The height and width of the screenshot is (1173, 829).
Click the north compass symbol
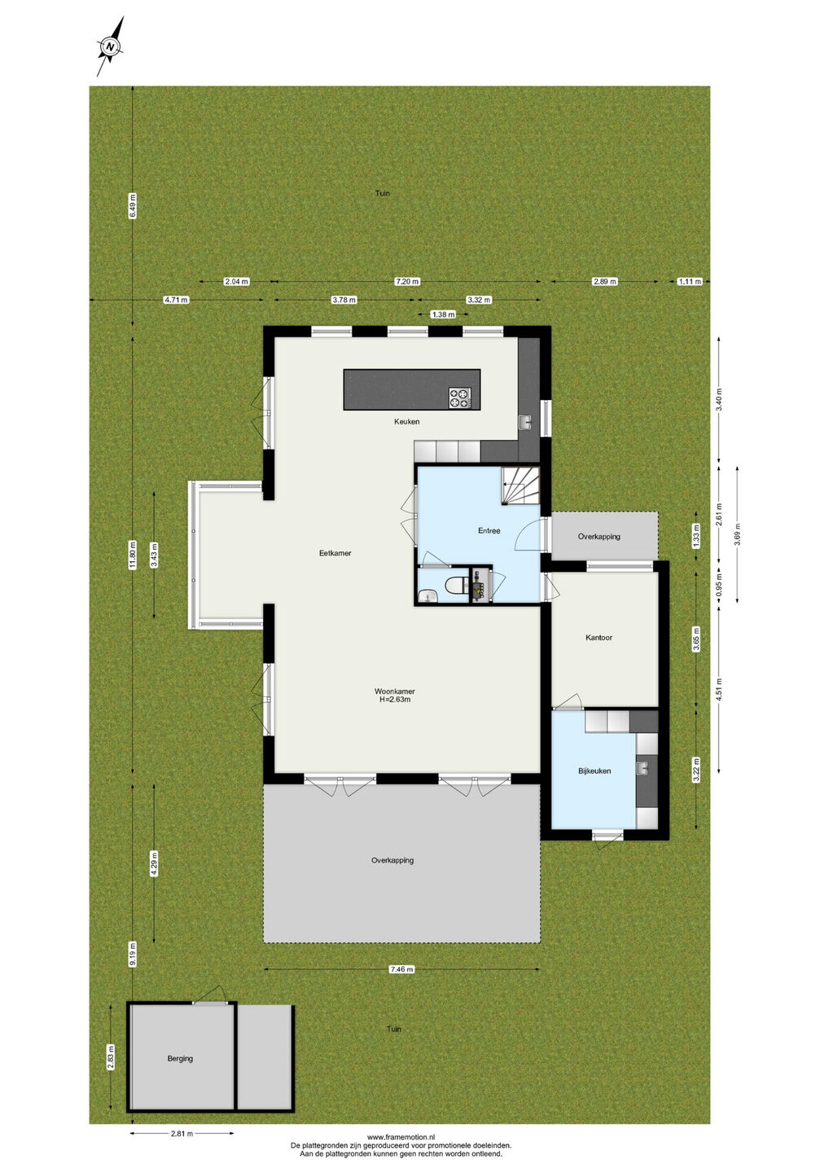111,46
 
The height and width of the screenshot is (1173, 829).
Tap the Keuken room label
406,422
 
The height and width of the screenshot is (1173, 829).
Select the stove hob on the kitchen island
460,398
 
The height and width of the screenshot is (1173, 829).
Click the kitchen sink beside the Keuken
524,422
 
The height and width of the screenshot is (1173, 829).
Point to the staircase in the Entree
520,486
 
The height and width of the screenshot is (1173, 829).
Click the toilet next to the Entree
454,585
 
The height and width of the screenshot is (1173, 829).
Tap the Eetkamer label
335,553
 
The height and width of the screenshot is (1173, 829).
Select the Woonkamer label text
395,692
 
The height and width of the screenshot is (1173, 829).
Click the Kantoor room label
599,638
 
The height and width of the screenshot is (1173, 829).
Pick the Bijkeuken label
594,771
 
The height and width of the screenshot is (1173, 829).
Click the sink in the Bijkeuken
643,767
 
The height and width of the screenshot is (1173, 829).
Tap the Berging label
180,1058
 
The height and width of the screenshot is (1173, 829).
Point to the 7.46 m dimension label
402,969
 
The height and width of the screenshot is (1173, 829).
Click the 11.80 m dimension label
133,555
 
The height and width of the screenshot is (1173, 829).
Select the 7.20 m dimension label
407,282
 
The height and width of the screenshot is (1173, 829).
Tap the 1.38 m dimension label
443,314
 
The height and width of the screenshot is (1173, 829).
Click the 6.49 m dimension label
133,206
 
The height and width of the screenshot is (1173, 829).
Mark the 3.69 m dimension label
738,534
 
